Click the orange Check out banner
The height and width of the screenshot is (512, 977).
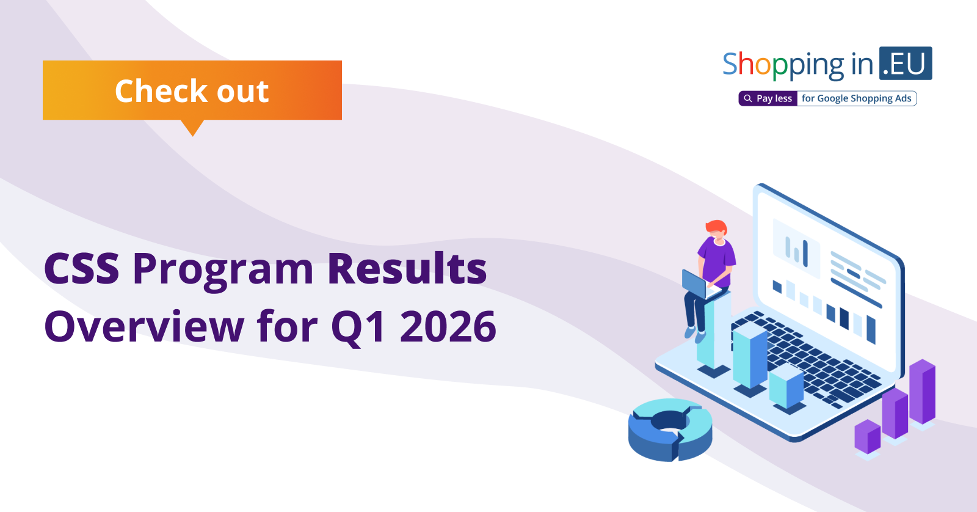[192, 90]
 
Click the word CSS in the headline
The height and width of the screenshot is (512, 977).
[82, 269]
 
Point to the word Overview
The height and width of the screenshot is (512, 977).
[144, 326]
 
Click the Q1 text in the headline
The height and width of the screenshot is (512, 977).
[358, 327]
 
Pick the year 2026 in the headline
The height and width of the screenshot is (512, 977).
[448, 326]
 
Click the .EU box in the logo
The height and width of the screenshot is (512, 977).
[906, 64]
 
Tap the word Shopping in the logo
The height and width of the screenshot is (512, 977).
[783, 65]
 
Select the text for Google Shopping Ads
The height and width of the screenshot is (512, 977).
[857, 98]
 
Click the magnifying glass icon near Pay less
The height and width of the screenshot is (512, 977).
[748, 98]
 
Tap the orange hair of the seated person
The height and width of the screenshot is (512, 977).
[716, 227]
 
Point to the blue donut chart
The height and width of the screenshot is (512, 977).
[670, 430]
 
